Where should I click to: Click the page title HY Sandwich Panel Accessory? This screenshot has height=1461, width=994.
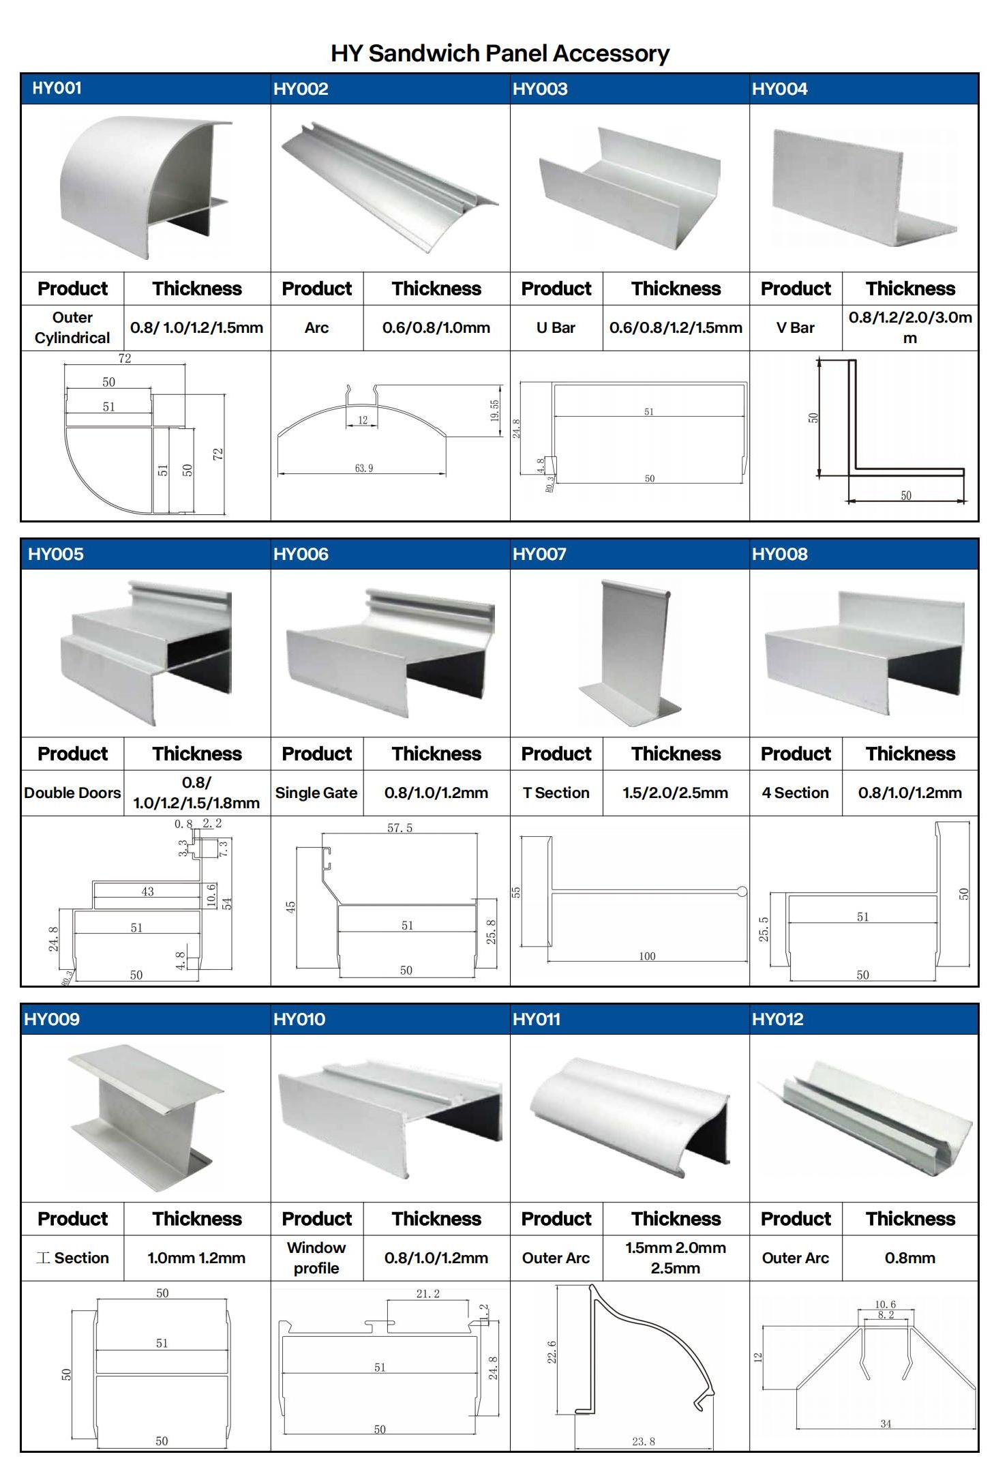pyautogui.click(x=500, y=53)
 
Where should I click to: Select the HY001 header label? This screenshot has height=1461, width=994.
pyautogui.click(x=57, y=88)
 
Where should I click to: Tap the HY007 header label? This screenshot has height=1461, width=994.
pyautogui.click(x=539, y=554)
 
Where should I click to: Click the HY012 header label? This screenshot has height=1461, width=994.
pyautogui.click(x=778, y=1019)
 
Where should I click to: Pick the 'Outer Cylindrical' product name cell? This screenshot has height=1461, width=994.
pyautogui.click(x=72, y=327)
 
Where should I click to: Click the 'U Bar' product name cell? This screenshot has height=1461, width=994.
pyautogui.click(x=556, y=327)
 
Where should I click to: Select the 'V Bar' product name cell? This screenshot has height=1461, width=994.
pyautogui.click(x=796, y=327)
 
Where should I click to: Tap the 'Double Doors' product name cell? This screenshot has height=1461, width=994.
pyautogui.click(x=72, y=793)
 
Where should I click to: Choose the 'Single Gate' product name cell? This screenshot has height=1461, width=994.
pyautogui.click(x=316, y=793)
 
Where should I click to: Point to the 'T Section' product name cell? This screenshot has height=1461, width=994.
pyautogui.click(x=556, y=793)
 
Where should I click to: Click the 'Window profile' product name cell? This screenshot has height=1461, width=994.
pyautogui.click(x=316, y=1258)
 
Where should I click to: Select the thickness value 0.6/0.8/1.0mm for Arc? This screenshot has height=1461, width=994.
pyautogui.click(x=436, y=327)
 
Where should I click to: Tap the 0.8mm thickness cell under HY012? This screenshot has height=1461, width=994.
pyautogui.click(x=910, y=1258)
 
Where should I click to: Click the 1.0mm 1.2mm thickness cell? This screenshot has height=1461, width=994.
pyautogui.click(x=196, y=1258)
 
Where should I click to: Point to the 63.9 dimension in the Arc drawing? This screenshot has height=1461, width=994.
pyautogui.click(x=364, y=469)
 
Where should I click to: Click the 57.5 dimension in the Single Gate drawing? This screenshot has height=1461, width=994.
pyautogui.click(x=400, y=828)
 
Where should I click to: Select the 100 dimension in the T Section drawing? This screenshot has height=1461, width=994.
pyautogui.click(x=647, y=956)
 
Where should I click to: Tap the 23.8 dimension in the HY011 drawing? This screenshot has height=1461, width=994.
pyautogui.click(x=643, y=1441)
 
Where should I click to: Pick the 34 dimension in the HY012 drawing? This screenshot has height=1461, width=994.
pyautogui.click(x=886, y=1423)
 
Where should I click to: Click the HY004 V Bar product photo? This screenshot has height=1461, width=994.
pyautogui.click(x=864, y=188)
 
